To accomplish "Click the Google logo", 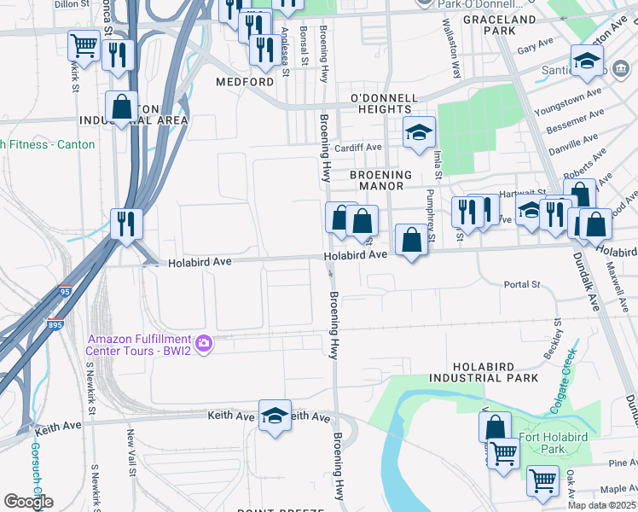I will click(28, 501).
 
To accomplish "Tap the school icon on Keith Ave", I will click(275, 416).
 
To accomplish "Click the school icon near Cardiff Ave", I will click(419, 133).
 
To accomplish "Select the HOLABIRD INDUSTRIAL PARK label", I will click(484, 371).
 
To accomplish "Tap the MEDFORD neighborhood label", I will click(245, 82).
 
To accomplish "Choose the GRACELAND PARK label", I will click(499, 25).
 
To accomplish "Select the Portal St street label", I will click(522, 284).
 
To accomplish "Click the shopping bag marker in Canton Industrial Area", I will click(121, 108).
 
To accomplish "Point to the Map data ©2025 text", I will click(601, 505).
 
